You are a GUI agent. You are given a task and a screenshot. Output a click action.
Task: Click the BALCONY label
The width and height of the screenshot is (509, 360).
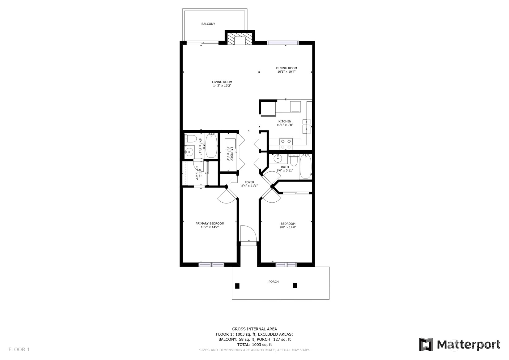coord(208,24)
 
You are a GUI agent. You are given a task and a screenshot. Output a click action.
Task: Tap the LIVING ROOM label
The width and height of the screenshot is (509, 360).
coord(222,82)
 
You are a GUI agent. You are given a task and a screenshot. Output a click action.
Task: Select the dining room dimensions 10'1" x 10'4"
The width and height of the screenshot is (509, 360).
coord(286,72)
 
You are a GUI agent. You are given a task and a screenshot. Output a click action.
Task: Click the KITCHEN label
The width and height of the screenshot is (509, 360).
coord(285,122)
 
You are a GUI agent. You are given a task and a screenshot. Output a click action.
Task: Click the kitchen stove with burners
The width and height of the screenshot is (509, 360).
coord(286,144)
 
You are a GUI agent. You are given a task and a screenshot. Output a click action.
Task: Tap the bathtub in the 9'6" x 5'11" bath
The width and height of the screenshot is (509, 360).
coord(305,166)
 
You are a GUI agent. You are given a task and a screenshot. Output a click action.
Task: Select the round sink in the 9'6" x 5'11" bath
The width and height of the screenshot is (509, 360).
coord(278,158)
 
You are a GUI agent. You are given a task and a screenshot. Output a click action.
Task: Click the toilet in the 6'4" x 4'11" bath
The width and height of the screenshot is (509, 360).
coord(190,139)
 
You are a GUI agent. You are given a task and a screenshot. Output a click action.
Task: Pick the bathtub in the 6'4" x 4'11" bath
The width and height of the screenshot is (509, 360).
coord(211,146)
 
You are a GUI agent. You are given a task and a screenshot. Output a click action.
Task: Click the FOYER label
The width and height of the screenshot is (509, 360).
coord(249,182)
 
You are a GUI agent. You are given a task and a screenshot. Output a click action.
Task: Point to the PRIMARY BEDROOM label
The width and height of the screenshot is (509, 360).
coord(210,224)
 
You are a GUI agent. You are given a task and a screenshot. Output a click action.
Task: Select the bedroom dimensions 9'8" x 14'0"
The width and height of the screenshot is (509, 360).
coord(288,227)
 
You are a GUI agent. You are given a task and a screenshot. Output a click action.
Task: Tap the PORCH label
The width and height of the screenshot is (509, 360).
coord(274,282)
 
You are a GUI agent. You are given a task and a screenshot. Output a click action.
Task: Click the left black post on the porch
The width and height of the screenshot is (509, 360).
coord(237,286)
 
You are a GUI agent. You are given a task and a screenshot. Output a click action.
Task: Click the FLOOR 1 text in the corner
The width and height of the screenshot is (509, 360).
coord(19,349)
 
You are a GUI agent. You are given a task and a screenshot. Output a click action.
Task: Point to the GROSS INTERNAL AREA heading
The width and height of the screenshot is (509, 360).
coord(255,329)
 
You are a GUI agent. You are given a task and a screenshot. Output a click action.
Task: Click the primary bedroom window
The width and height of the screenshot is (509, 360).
coord(211,264)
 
